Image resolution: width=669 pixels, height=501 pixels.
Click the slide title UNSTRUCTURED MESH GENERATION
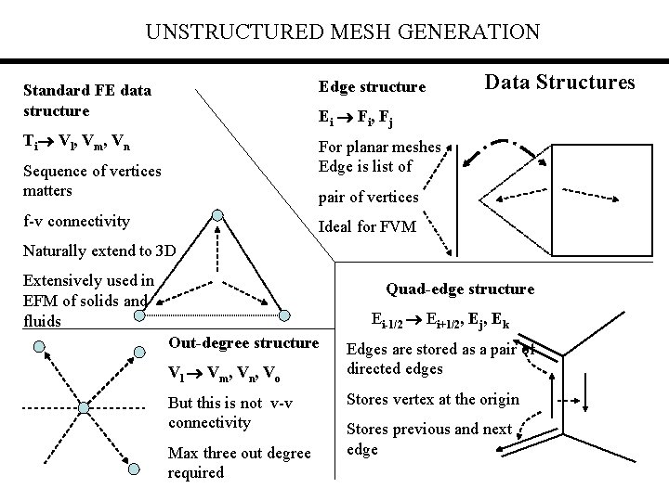coord(342,32)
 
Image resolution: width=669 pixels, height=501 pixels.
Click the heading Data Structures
coord(559,82)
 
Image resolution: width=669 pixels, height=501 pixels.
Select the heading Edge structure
coord(372,87)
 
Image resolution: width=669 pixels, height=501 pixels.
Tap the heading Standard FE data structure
coord(87,101)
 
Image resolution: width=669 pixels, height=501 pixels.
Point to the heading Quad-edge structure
coord(460,289)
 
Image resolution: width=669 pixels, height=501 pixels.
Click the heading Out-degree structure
coord(243,343)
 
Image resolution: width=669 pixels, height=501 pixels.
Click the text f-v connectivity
coord(76,221)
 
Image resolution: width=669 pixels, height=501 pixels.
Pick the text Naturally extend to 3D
coord(93,250)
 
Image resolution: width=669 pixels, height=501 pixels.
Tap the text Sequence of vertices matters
coord(91,180)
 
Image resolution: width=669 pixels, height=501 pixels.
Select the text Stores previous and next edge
coord(429,439)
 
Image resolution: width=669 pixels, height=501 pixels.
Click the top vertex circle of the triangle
coord(216,214)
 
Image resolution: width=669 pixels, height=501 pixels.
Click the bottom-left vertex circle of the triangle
coord(139,315)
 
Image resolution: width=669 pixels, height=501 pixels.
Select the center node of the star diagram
coord(84,408)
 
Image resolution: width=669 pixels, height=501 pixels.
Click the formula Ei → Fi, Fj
coord(356,118)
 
